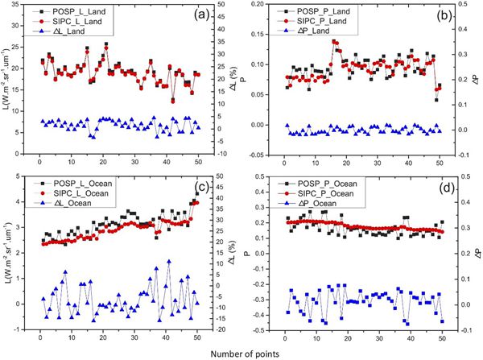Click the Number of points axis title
tap(241, 353)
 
